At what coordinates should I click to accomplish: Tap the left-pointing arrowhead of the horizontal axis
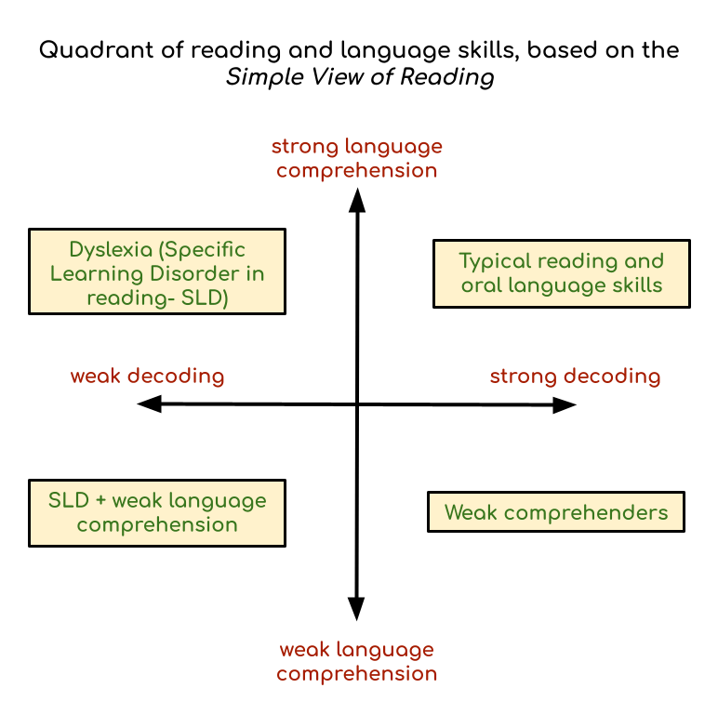tap(148, 404)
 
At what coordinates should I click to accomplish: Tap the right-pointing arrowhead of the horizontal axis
tap(565, 404)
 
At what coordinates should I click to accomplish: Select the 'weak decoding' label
tap(148, 377)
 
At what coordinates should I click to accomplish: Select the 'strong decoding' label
tap(575, 377)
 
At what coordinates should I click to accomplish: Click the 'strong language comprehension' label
tap(356, 158)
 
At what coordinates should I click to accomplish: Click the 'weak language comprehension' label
tap(356, 661)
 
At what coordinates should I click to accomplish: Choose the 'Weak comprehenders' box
tap(555, 512)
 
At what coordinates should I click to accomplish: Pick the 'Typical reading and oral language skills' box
tap(562, 273)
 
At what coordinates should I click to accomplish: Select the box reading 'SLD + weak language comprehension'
tap(157, 512)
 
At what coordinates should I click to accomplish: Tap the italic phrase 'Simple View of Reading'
tap(359, 77)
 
